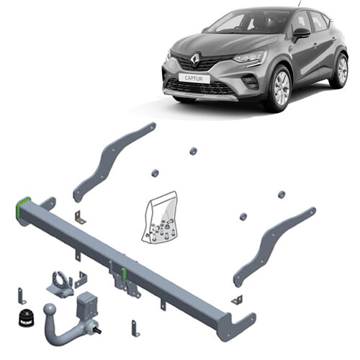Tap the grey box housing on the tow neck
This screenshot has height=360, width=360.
click(89, 305)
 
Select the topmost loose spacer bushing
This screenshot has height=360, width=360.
click(193, 151)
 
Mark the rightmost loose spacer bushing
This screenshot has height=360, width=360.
click(282, 194)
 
